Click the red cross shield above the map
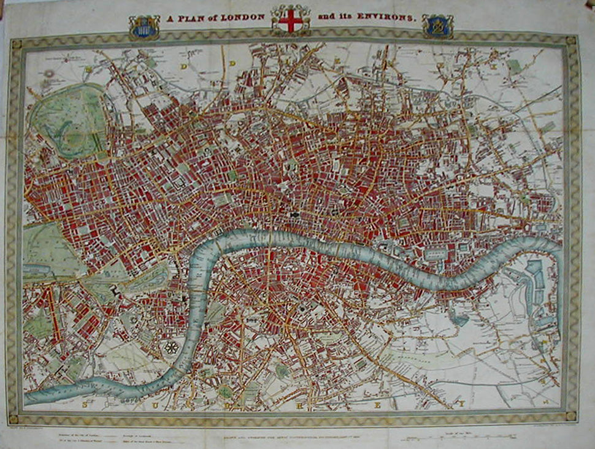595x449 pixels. click(290, 20)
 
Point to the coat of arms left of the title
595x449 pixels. click(144, 27)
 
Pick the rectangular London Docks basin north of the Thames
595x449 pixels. click(437, 251)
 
